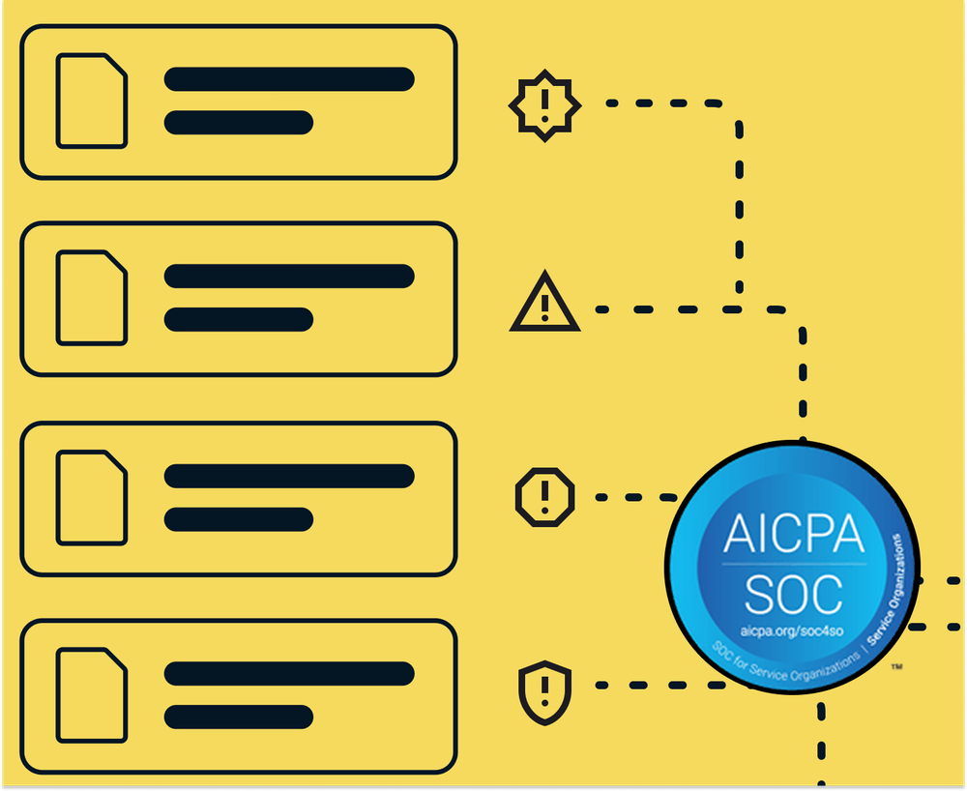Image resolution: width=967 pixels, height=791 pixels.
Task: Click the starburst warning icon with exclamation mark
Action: [x=545, y=105]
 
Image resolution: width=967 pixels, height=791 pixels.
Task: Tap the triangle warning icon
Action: [x=544, y=304]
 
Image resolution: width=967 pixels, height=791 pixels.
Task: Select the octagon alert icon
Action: [x=544, y=496]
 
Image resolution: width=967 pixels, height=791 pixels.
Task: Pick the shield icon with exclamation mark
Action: [x=545, y=691]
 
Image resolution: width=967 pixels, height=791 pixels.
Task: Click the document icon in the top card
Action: [x=92, y=101]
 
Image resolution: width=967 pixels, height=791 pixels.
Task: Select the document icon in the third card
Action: [x=92, y=496]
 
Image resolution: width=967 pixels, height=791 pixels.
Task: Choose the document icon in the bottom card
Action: [x=92, y=695]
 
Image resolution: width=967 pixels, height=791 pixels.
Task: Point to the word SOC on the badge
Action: [x=792, y=594]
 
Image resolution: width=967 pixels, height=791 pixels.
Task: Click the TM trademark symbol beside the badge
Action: [x=896, y=667]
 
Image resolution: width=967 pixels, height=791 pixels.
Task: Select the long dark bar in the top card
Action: [x=289, y=79]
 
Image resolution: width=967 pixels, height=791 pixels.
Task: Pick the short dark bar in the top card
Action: [x=239, y=123]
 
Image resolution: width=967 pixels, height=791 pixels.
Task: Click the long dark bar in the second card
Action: [x=289, y=276]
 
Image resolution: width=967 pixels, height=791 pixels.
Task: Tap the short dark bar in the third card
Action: [x=239, y=519]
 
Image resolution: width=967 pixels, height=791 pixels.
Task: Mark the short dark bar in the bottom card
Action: [x=239, y=717]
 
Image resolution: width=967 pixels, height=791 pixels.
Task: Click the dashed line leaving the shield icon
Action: [x=658, y=685]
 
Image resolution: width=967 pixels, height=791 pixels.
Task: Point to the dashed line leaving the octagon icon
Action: [x=633, y=497]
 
